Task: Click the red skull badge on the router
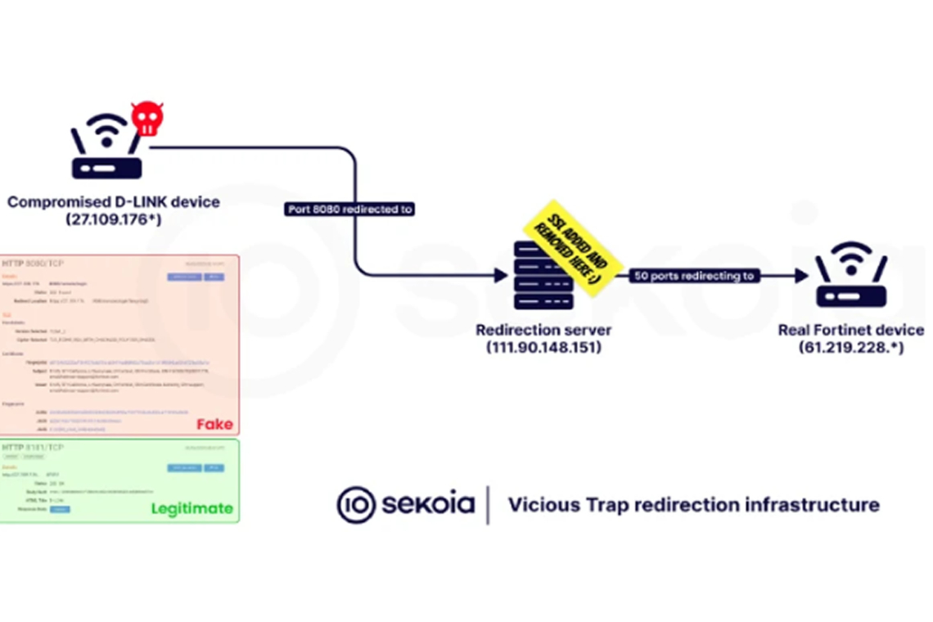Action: click(x=147, y=119)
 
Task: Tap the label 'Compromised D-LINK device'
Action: click(x=114, y=201)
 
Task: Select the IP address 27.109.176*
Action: click(x=114, y=219)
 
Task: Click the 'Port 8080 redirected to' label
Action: click(x=349, y=210)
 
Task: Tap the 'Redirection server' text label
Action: click(x=543, y=330)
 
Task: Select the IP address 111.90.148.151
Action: click(x=543, y=348)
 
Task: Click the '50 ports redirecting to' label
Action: click(x=695, y=276)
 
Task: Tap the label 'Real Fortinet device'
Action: click(x=850, y=330)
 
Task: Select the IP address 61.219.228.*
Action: click(x=850, y=348)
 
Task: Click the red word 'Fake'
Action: click(x=214, y=425)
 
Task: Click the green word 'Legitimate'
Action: click(x=192, y=509)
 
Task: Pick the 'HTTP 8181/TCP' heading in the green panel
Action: click(x=33, y=448)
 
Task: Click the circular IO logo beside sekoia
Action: click(x=356, y=504)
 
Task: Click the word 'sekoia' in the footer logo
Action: click(x=428, y=503)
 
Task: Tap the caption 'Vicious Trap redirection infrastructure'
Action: click(x=693, y=504)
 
